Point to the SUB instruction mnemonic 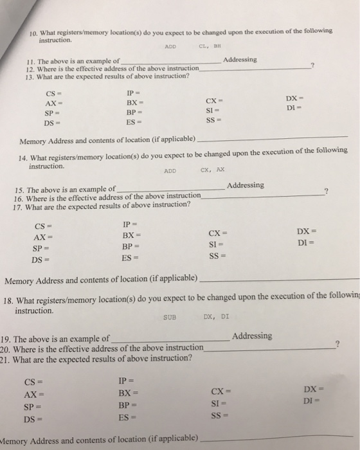coord(170,317)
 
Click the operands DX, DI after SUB coord(215,316)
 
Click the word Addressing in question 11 coord(239,59)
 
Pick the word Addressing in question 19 coord(252,336)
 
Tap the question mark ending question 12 coord(312,65)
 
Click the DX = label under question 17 coord(307,231)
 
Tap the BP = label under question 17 coord(130,247)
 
